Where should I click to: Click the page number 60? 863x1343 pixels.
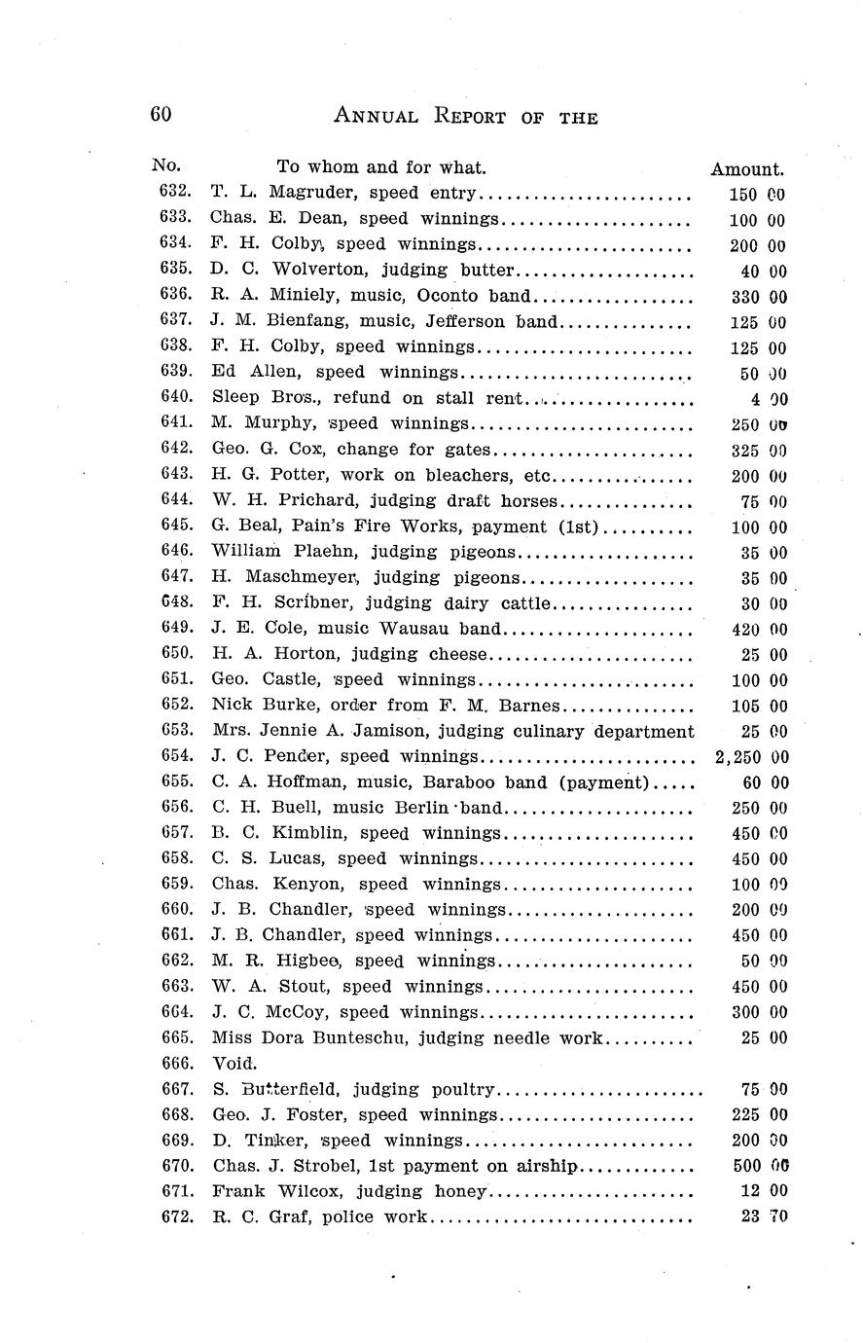(x=161, y=114)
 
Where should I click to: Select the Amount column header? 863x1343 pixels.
(x=746, y=168)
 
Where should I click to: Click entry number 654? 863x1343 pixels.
(x=175, y=756)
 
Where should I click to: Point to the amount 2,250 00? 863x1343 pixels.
(x=750, y=757)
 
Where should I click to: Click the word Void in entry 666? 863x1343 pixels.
(x=234, y=1063)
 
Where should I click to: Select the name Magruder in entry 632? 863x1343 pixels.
(x=308, y=194)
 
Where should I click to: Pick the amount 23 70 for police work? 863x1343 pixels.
(x=763, y=1216)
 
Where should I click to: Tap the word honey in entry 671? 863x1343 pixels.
(x=463, y=1190)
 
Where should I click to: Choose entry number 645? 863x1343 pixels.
(x=175, y=526)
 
